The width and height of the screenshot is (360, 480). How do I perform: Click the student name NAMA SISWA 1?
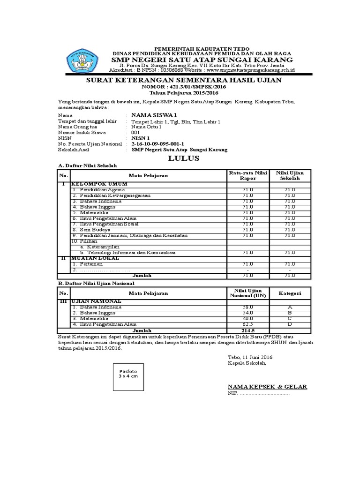click(x=148, y=115)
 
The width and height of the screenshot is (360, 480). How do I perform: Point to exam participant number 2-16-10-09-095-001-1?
click(x=157, y=143)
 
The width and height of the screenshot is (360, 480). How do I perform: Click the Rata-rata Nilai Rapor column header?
click(x=248, y=175)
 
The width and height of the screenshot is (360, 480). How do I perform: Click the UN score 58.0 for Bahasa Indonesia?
click(x=248, y=307)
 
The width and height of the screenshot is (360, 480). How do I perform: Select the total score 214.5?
click(x=248, y=330)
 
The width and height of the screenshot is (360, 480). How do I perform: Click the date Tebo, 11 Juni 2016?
click(x=249, y=357)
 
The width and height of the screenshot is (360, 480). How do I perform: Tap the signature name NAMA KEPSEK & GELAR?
click(x=267, y=386)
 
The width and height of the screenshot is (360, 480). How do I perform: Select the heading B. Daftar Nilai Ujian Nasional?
click(x=96, y=283)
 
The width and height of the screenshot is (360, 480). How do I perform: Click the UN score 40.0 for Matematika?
click(x=248, y=318)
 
